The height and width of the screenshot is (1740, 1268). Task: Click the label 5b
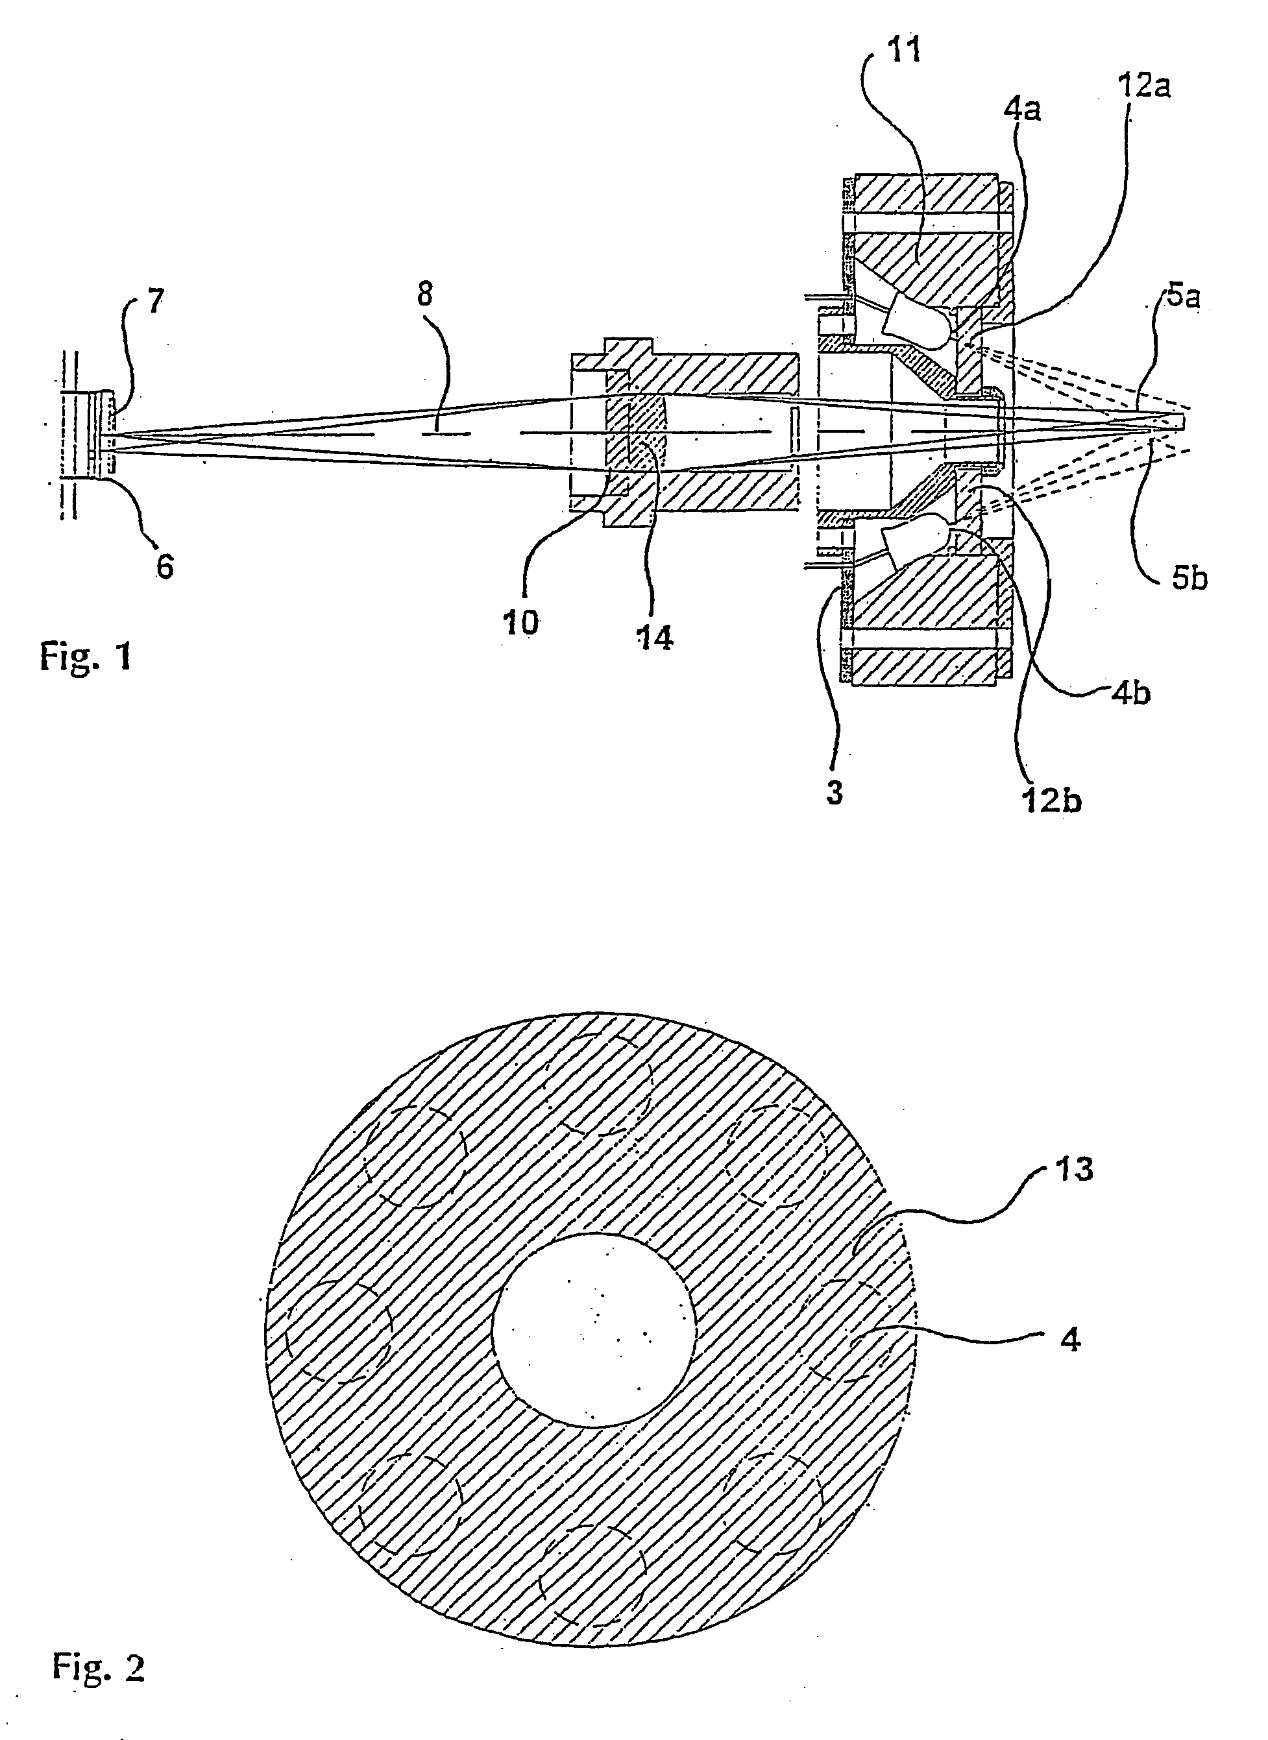1189,579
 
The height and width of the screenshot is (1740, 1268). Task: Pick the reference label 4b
1130,694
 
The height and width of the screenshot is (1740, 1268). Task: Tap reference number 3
835,793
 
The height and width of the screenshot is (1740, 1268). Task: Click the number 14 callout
655,638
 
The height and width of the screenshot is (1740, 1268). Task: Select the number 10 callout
521,623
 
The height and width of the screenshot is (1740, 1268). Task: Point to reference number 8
424,294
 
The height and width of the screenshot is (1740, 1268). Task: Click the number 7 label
156,302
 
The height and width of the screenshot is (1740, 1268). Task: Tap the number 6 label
165,568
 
